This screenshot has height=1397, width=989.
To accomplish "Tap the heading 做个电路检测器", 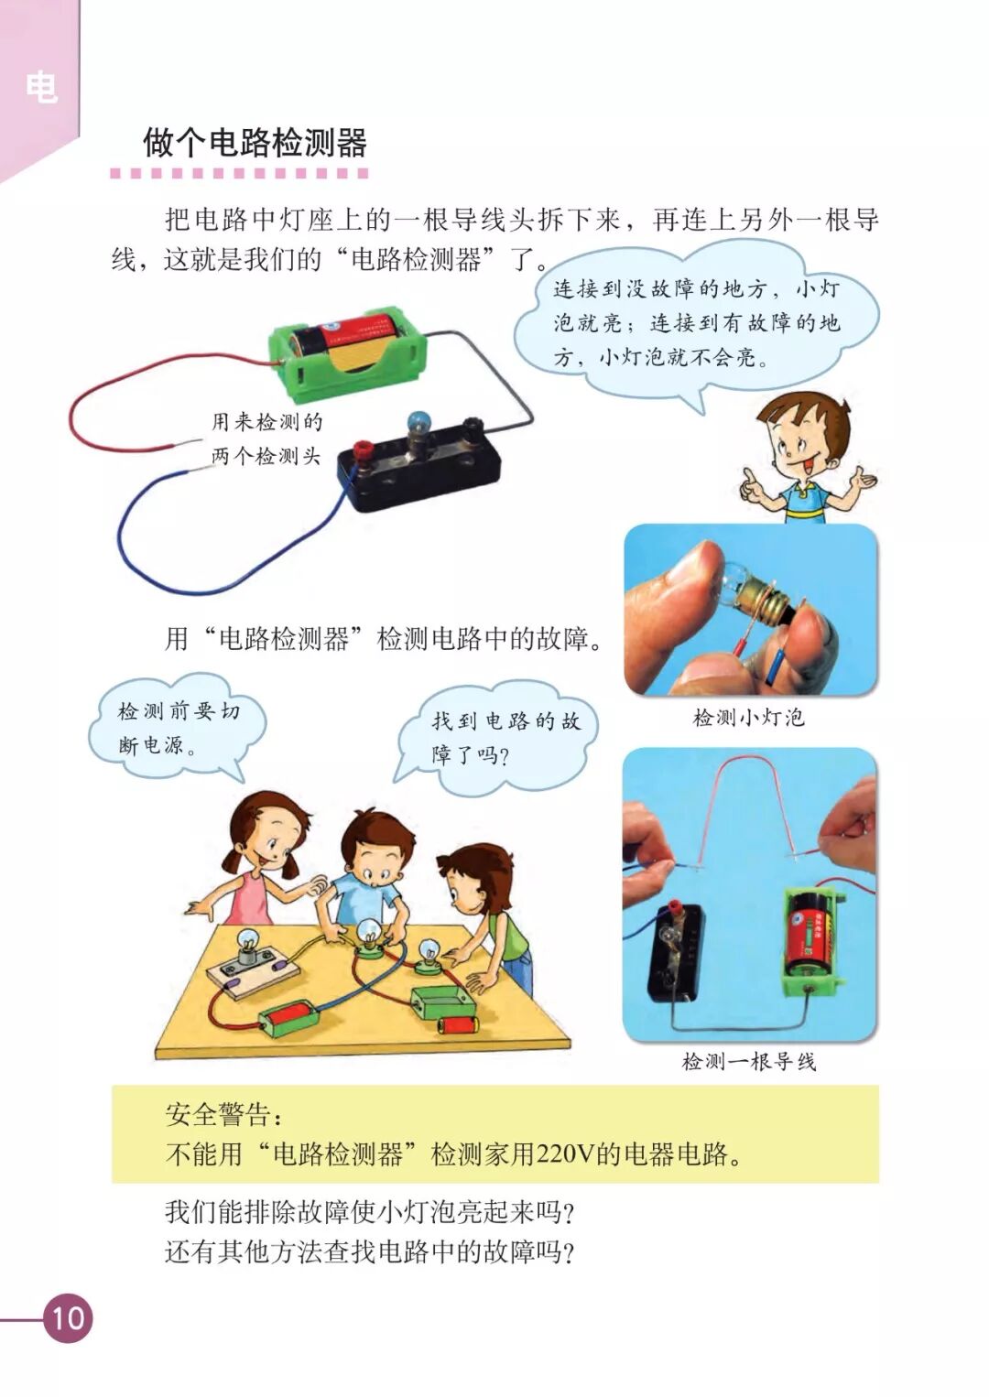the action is click(x=255, y=143).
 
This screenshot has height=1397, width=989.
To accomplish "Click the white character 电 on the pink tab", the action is click(x=41, y=87).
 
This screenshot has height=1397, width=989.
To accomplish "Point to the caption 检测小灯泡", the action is click(x=749, y=718).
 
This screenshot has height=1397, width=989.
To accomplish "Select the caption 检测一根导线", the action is click(x=749, y=1061).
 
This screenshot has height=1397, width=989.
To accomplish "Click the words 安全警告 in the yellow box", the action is click(x=218, y=1115).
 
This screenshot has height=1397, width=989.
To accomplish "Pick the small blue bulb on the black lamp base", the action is click(x=416, y=424).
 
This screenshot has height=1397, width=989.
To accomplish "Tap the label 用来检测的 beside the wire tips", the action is click(x=267, y=422).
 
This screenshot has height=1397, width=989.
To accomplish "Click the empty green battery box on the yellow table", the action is click(x=443, y=1000).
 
